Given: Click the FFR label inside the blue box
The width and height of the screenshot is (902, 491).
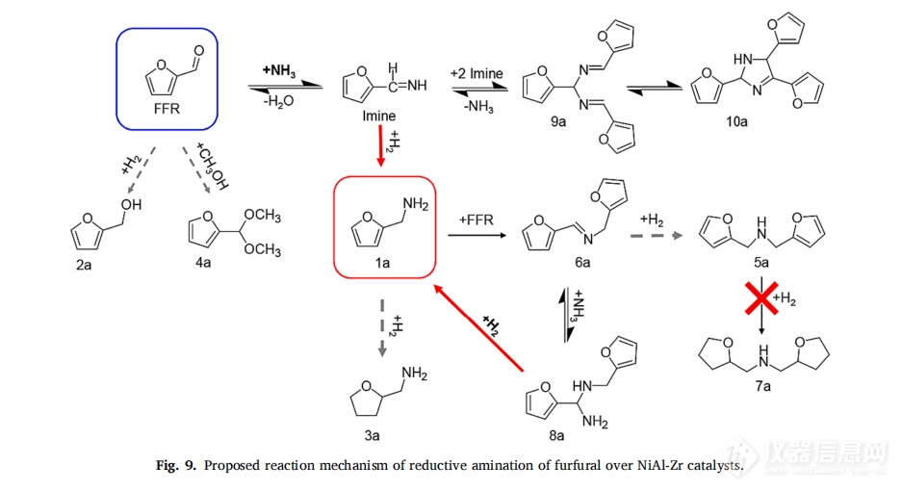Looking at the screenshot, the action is point(167,108).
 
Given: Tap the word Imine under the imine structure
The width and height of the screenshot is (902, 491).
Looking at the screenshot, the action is point(378,116).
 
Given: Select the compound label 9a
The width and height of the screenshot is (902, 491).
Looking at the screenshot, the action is point(558,121).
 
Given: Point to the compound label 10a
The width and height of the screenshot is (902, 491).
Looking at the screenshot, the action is point(736,121).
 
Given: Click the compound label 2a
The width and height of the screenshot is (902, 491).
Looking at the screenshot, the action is point(84,265).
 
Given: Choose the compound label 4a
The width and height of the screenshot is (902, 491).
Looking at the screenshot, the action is point(203,263).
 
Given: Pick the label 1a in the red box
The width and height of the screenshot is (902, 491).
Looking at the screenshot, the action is point(382,263).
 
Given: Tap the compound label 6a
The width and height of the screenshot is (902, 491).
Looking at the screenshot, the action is point(582,263).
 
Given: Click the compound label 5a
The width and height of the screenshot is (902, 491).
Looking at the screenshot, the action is point(761,263).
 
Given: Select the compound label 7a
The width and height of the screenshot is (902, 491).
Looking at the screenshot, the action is point(762,386).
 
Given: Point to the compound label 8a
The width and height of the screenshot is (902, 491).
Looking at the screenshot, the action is point(556,436).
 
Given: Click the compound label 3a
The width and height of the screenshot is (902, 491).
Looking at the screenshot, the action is point(373,436).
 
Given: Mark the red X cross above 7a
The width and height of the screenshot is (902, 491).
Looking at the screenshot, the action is point(761,298).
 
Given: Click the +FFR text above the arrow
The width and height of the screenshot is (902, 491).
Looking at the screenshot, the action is point(477,220).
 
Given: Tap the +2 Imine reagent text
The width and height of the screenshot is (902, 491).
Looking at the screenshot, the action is point(477,74).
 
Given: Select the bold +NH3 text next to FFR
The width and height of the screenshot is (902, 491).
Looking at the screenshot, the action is point(279,71).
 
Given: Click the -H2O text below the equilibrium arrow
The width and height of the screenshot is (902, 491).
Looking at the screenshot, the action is point(278,101).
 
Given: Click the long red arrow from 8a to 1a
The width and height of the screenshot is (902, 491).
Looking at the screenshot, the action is point(478,327).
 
